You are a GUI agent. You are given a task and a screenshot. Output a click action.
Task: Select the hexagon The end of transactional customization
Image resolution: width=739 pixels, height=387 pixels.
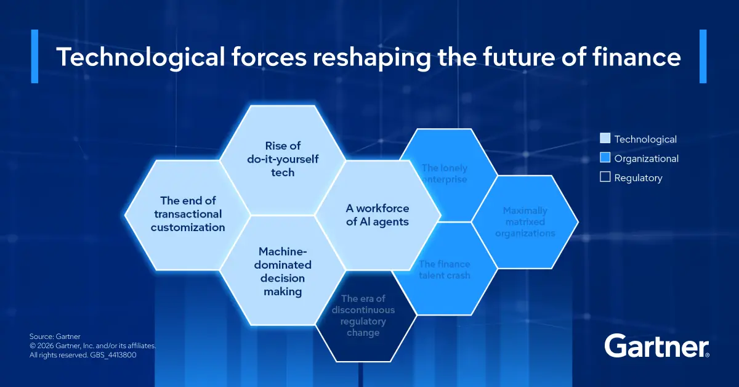(188, 214)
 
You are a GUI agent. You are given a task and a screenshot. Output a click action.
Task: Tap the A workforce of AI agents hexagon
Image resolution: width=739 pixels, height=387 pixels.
(378, 215)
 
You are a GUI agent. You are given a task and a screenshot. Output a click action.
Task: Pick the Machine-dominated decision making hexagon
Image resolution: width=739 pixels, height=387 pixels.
(283, 271)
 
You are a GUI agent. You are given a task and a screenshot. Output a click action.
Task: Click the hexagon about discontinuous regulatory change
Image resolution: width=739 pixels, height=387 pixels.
(363, 316)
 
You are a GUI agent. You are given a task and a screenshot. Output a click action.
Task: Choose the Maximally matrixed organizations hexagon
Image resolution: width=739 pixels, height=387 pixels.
(525, 222)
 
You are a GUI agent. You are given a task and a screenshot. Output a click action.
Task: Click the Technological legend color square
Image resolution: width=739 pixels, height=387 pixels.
(605, 139)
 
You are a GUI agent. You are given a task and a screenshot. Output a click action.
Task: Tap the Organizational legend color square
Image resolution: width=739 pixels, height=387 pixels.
(605, 158)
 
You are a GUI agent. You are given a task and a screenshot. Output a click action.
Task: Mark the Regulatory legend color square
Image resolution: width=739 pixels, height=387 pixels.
(605, 177)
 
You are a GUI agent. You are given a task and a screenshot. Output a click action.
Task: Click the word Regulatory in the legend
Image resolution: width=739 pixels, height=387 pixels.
(638, 178)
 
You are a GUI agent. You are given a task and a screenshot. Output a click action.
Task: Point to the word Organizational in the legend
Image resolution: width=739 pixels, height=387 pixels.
(646, 159)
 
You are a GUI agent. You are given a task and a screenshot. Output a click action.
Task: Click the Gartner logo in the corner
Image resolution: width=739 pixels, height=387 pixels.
(656, 346)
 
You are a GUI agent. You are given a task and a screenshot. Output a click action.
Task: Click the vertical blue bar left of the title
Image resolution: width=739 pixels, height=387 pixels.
(34, 56)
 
